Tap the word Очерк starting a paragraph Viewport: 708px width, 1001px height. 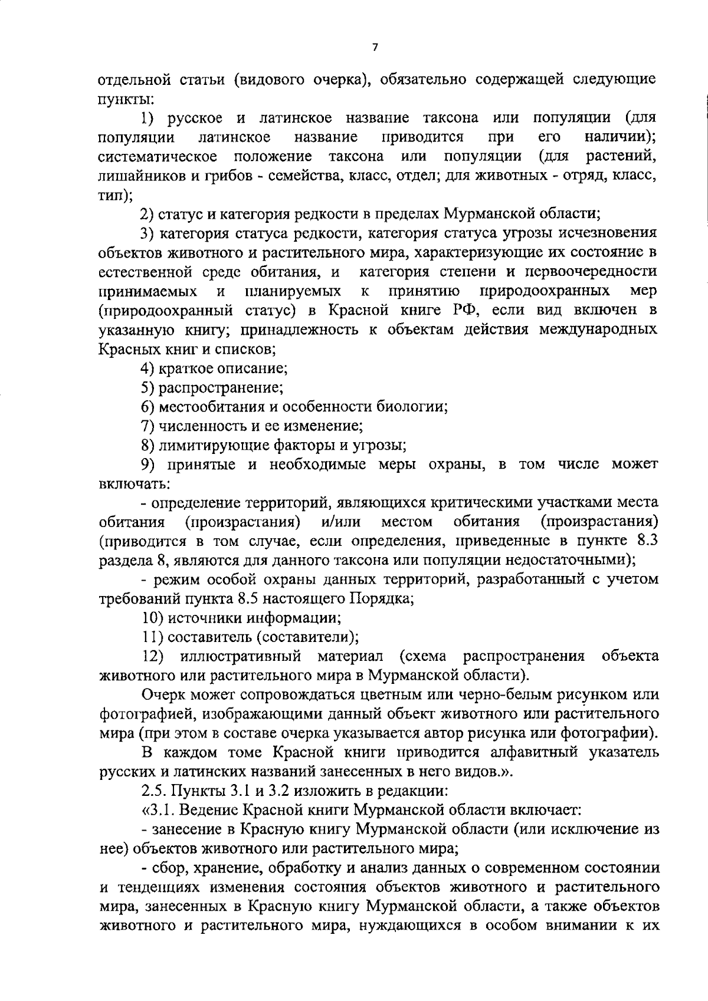(165, 695)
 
